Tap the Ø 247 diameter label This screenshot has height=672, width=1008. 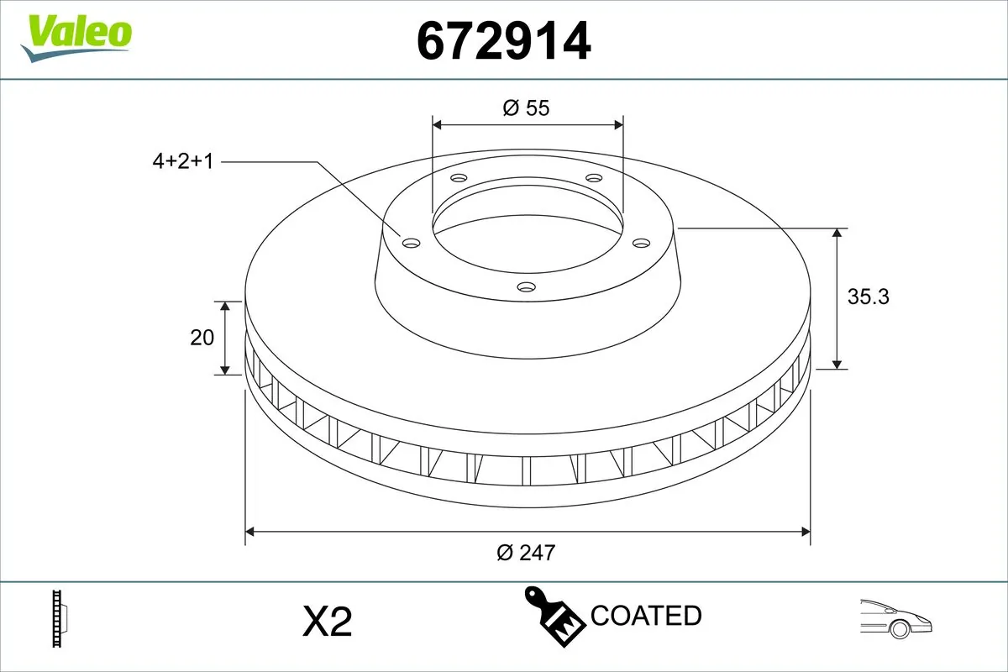pos(526,552)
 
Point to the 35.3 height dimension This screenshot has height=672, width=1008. pos(868,297)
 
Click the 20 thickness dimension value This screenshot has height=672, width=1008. pos(202,338)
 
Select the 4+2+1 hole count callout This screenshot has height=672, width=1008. pos(183,161)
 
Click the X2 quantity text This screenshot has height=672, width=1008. pos(326,622)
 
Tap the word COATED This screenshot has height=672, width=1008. pos(646,616)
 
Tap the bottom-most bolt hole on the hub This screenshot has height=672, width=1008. pos(527,287)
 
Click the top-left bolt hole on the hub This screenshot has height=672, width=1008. pos(458,178)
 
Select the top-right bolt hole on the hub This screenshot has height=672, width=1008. pos(594,178)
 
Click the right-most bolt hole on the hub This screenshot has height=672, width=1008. pos(642,243)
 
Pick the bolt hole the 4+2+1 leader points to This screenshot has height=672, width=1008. pos(411,243)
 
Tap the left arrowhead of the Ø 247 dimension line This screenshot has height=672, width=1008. pos(249,531)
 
